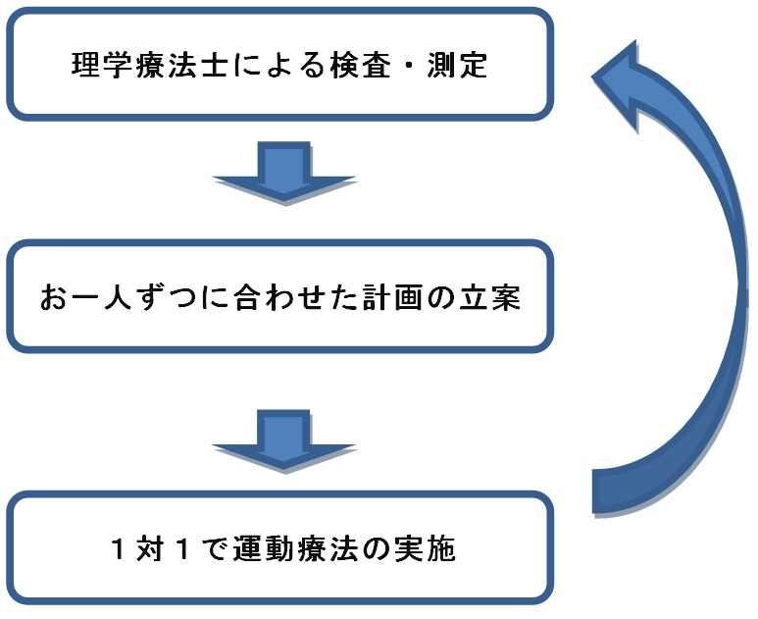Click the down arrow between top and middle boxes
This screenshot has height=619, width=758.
283,172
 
